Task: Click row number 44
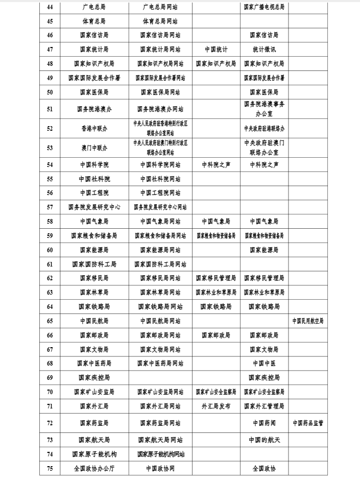50,7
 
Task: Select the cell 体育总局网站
160,21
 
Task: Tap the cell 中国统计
216,50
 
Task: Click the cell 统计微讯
264,50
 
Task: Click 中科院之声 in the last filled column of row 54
264,165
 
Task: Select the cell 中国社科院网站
160,179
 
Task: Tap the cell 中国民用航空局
307,321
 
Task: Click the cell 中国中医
264,364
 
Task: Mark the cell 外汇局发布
216,406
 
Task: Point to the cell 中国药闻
264,423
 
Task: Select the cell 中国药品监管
307,423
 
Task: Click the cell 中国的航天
264,440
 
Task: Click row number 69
50,378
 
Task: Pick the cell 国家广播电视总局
264,7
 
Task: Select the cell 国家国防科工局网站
160,264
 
